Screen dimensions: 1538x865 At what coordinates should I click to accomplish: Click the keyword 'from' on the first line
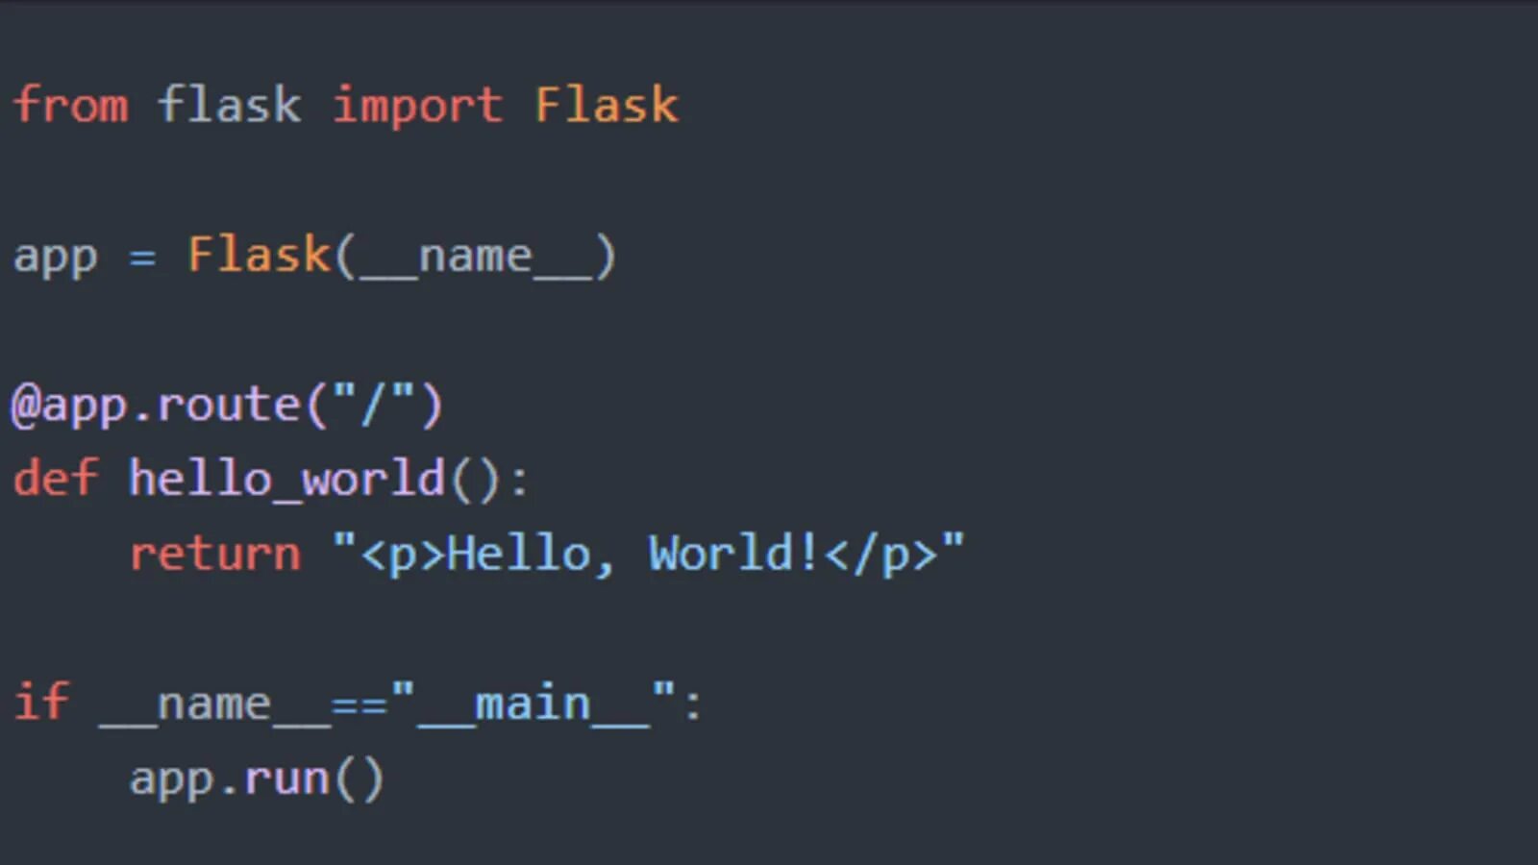coord(70,105)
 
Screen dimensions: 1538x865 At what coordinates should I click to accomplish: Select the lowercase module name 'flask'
coord(229,105)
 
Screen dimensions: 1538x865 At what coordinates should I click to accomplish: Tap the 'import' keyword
coord(417,105)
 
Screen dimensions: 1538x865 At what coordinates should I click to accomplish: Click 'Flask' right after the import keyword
coord(607,105)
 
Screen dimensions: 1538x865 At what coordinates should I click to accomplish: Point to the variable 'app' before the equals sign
coord(55,258)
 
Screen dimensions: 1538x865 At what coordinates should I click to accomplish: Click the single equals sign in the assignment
coord(142,258)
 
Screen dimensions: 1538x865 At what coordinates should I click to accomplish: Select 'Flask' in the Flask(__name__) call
coord(258,255)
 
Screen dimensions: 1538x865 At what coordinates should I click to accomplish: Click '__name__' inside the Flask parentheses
coord(475,258)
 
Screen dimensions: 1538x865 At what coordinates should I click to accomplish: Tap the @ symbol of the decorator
coord(25,406)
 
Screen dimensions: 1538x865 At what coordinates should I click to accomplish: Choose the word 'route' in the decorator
coord(229,406)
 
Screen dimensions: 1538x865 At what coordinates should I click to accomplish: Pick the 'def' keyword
coord(55,478)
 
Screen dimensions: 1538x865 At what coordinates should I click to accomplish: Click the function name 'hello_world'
coord(286,478)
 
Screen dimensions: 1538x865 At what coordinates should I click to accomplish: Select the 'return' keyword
coord(214,555)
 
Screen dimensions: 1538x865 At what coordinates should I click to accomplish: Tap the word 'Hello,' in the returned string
coord(530,555)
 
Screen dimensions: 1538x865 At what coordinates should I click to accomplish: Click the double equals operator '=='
coord(359,704)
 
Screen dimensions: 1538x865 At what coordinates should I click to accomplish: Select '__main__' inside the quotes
coord(533,704)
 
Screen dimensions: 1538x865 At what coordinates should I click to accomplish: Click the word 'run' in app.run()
coord(286,778)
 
